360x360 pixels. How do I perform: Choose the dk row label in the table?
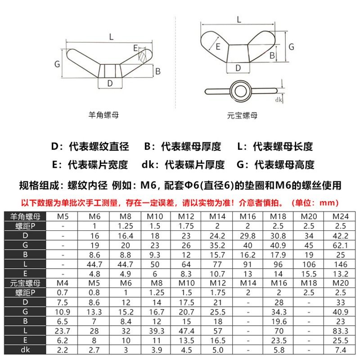[25, 350]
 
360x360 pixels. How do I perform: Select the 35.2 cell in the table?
[217, 245]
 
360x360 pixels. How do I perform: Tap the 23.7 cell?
[63, 331]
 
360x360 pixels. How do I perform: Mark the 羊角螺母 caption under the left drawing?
[104, 115]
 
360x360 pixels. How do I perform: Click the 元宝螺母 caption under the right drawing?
[243, 116]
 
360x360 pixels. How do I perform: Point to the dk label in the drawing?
[279, 100]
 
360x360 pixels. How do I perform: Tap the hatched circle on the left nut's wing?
[143, 57]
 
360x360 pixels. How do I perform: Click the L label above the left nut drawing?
[111, 37]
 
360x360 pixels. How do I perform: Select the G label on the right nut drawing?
[291, 47]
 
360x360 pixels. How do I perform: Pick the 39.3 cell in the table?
[156, 331]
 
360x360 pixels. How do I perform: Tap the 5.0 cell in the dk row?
[217, 350]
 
